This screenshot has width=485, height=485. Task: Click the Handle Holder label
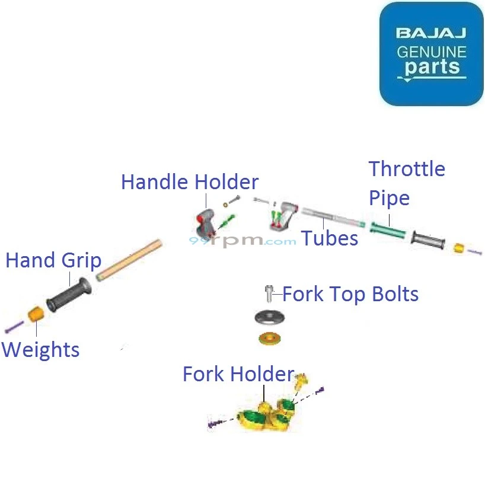pyautogui.click(x=190, y=182)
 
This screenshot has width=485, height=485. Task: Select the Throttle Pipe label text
pyautogui.click(x=407, y=183)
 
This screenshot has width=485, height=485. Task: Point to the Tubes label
pyautogui.click(x=330, y=238)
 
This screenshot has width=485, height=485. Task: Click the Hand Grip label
pyautogui.click(x=53, y=260)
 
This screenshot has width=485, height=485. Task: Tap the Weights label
pyautogui.click(x=40, y=349)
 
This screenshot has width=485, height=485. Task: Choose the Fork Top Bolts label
pyautogui.click(x=350, y=294)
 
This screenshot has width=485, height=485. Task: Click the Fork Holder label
pyautogui.click(x=238, y=374)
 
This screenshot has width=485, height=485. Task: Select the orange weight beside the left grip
pyautogui.click(x=36, y=314)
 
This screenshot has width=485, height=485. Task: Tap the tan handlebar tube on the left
pyautogui.click(x=129, y=259)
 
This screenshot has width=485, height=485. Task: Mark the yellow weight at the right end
pyautogui.click(x=458, y=248)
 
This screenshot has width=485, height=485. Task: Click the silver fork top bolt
pyautogui.click(x=269, y=293)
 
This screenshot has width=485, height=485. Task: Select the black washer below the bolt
pyautogui.click(x=269, y=317)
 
